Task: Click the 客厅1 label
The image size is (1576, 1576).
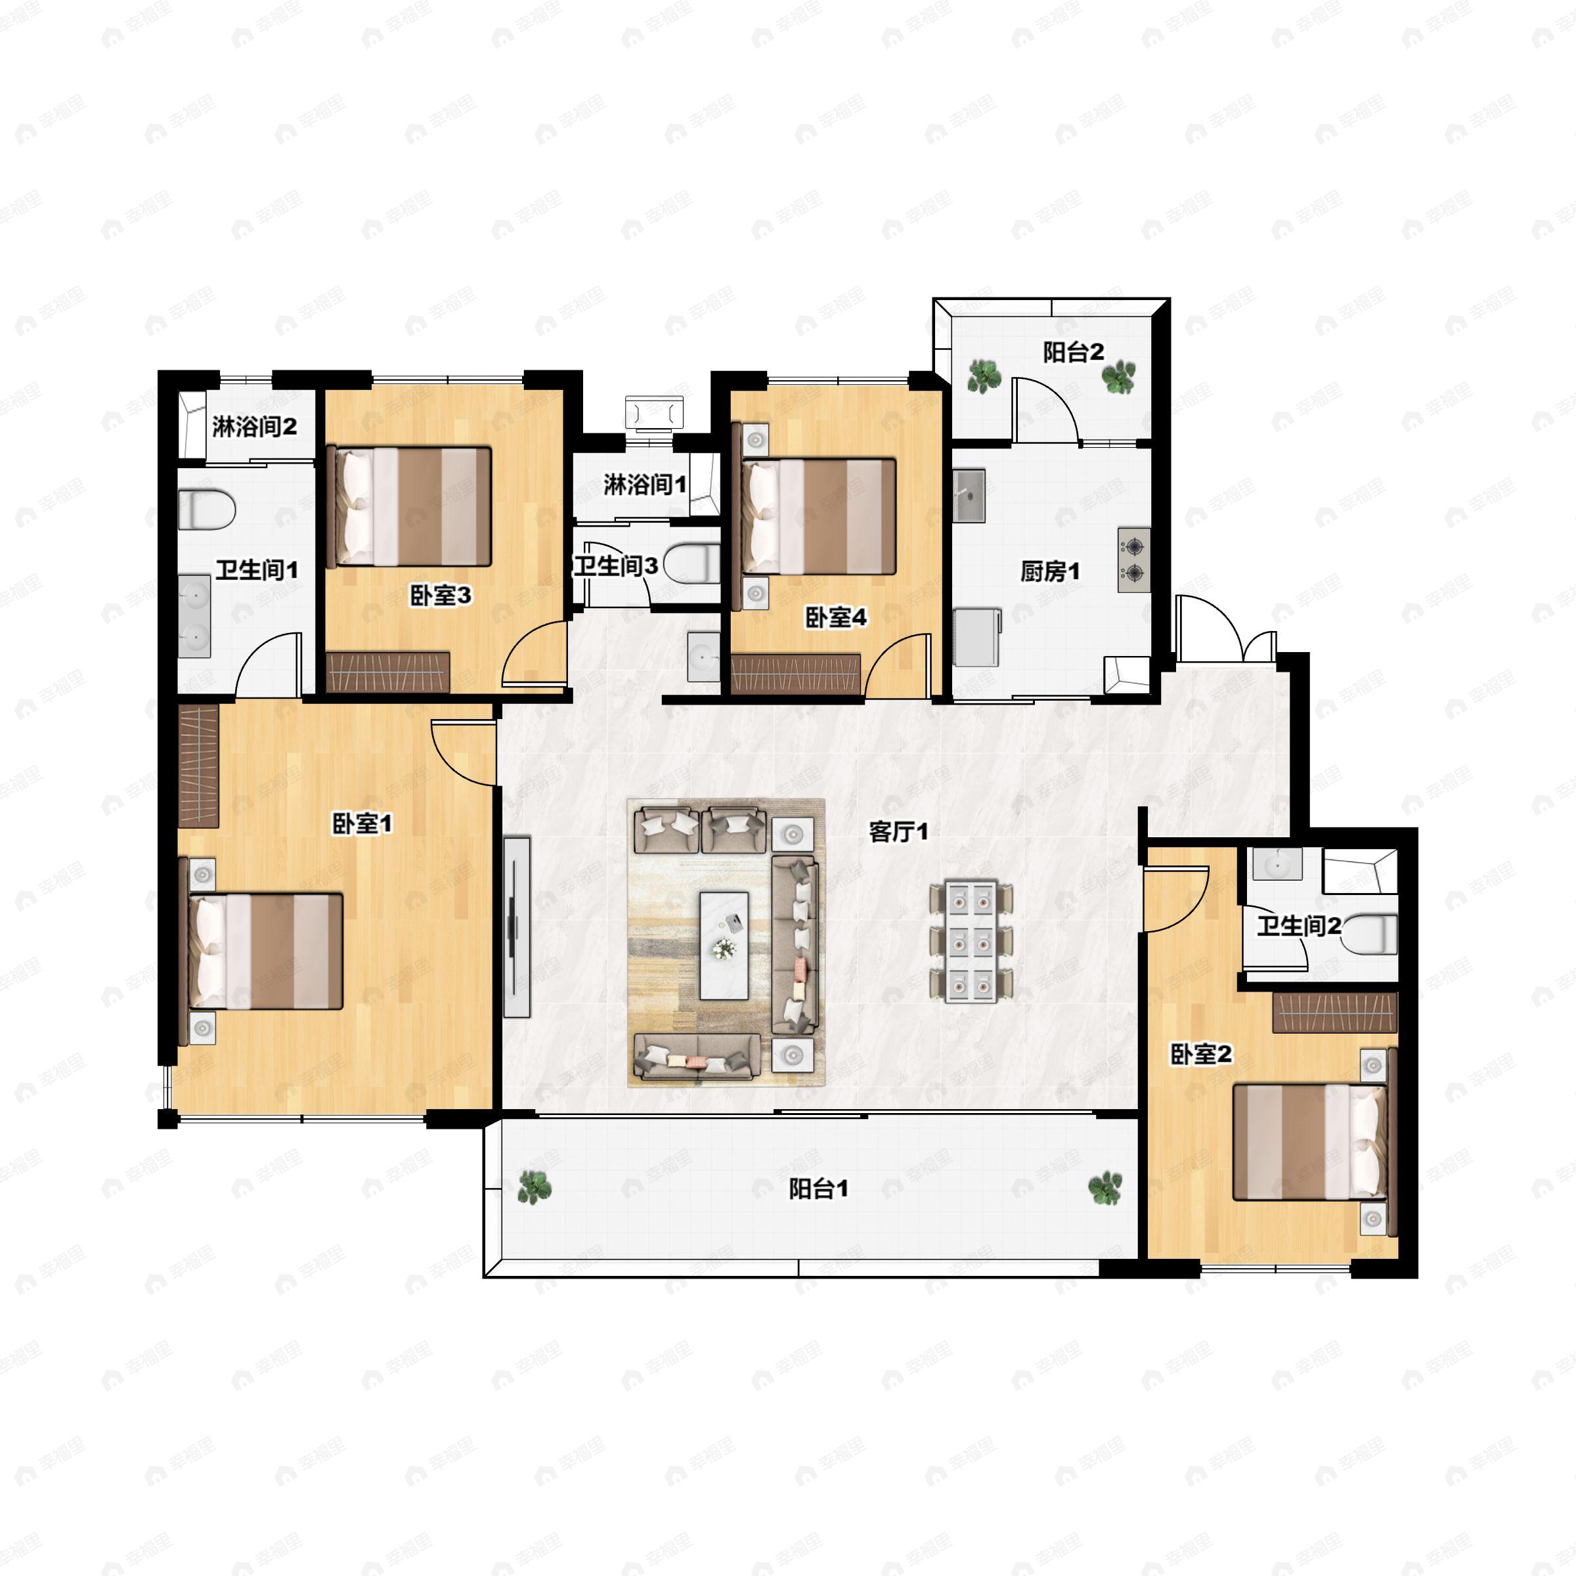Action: tap(898, 832)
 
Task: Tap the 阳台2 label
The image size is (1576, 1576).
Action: tap(1074, 353)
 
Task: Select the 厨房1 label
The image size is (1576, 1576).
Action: tap(1050, 572)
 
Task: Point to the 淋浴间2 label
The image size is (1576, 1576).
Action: tap(255, 427)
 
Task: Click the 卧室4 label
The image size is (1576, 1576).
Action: tap(836, 617)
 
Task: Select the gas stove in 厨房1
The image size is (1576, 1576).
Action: tap(1134, 560)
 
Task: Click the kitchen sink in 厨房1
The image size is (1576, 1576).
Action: tap(969, 495)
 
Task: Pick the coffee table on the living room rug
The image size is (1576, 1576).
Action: tap(724, 946)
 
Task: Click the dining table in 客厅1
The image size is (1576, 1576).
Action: tap(972, 940)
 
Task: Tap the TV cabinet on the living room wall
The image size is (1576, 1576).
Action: tap(516, 927)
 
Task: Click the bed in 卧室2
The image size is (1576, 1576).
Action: tap(1311, 1141)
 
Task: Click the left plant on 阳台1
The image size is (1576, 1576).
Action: tap(535, 1188)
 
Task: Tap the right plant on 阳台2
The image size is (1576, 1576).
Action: tap(1118, 377)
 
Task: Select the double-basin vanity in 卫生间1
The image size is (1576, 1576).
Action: tap(195, 616)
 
